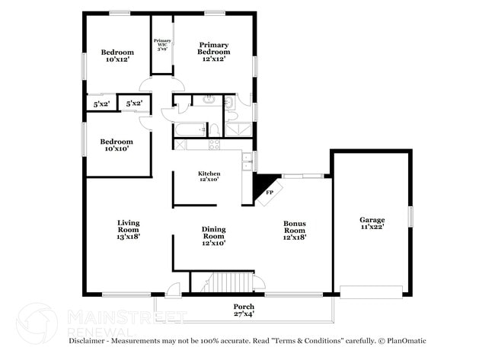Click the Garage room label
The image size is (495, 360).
point(372,223)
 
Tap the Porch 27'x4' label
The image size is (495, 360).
point(244,310)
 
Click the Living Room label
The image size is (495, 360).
point(128,229)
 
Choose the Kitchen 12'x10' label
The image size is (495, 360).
point(209,177)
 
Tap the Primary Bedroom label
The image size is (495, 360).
point(214,52)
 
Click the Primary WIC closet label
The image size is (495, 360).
point(162,44)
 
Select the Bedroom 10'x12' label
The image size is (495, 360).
point(117,56)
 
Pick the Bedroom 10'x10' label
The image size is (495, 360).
point(117,145)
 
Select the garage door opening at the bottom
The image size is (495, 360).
point(371,292)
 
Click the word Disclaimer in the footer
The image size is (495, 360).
point(90,340)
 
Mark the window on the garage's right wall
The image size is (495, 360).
point(410,216)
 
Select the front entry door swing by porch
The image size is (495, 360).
point(174,288)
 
